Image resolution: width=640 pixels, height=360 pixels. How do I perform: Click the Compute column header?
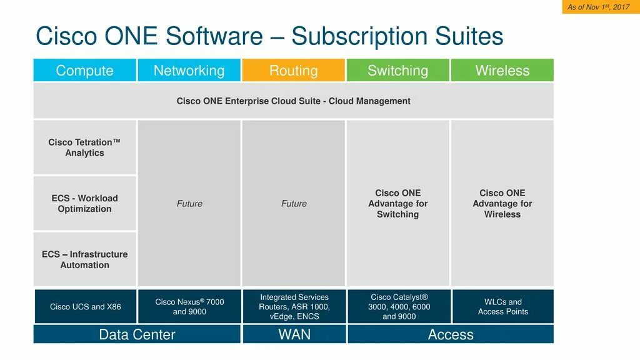(x=84, y=71)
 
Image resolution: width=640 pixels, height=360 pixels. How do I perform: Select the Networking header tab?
(x=189, y=71)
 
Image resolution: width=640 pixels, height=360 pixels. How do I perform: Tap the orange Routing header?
(x=293, y=71)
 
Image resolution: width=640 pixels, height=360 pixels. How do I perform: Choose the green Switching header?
(x=397, y=71)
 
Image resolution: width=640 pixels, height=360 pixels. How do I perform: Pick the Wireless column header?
(x=502, y=71)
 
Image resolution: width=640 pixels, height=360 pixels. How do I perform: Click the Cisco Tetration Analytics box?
(x=84, y=147)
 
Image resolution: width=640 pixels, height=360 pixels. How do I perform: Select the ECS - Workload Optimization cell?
(x=84, y=204)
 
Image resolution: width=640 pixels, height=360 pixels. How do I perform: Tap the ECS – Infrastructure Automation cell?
(x=84, y=259)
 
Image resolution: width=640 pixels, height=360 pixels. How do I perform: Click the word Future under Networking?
(x=189, y=204)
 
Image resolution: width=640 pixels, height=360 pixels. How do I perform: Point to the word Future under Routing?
(x=294, y=204)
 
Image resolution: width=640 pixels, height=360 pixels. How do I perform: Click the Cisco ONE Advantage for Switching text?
(x=397, y=204)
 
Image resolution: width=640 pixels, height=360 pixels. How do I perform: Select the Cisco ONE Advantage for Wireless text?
(x=502, y=204)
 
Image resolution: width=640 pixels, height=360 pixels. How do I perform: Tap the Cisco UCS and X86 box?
(x=85, y=306)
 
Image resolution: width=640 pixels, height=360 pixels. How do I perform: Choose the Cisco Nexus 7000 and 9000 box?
(x=189, y=306)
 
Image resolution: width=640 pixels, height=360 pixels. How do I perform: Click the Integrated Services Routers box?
(x=294, y=306)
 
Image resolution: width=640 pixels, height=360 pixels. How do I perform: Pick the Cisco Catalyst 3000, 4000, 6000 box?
(x=398, y=306)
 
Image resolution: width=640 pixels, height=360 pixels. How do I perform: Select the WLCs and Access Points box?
(x=502, y=306)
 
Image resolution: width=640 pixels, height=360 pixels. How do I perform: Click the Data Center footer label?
(x=137, y=334)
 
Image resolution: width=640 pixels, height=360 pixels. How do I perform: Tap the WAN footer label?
(x=294, y=334)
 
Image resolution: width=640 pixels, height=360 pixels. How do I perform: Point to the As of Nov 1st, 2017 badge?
(x=598, y=7)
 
